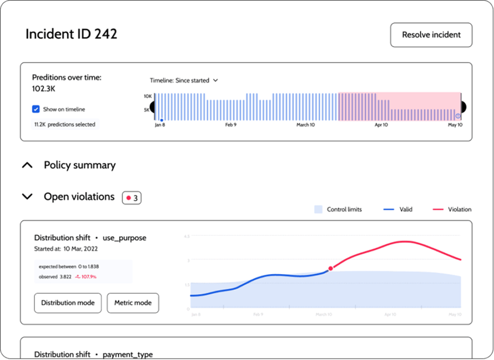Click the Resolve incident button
[431, 35]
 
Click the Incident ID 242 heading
[71, 34]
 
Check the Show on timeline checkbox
[36, 109]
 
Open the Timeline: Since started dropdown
[183, 80]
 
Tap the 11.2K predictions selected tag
[65, 124]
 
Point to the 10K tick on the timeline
[147, 96]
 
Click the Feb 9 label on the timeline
[231, 125]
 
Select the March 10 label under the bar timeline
[305, 125]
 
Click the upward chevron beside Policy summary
[27, 165]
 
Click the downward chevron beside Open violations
[27, 197]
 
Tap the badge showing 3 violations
[132, 198]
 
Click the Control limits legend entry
[338, 210]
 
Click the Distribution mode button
[68, 302]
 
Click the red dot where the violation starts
[330, 268]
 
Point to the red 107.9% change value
[86, 277]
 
